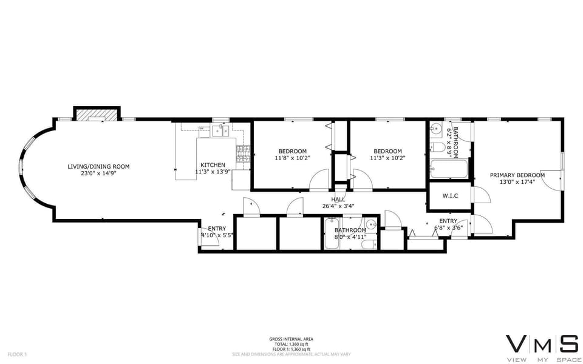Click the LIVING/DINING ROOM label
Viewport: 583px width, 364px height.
(98, 166)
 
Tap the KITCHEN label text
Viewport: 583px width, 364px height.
(213, 165)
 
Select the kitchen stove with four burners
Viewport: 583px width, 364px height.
(242, 153)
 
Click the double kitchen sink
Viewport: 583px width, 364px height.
(220, 129)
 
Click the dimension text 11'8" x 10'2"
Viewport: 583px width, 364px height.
(292, 158)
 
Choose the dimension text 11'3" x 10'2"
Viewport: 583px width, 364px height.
(387, 158)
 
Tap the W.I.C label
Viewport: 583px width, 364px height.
(450, 195)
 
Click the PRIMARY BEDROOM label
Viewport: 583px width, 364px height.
(517, 175)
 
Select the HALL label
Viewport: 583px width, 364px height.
(338, 199)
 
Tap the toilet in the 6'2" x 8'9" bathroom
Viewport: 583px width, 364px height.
(438, 148)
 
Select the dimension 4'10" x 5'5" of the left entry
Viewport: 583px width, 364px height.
(217, 235)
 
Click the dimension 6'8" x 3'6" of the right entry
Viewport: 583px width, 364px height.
(448, 227)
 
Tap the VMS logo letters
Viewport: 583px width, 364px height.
(542, 344)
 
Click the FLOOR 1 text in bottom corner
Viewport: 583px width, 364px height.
(18, 354)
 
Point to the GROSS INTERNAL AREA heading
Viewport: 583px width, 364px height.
(291, 339)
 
